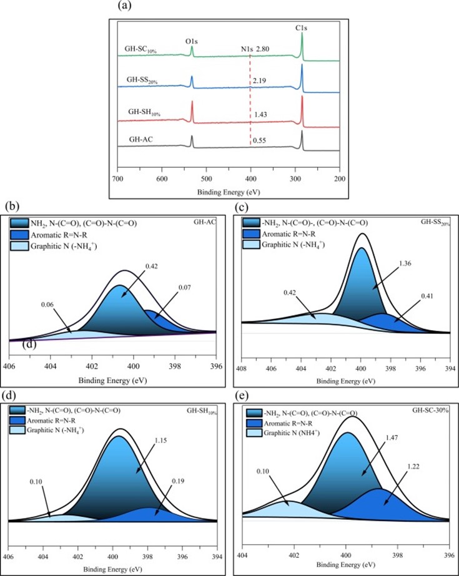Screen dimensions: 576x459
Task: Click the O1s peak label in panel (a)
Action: pyautogui.click(x=191, y=41)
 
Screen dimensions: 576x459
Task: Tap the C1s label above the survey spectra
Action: pyautogui.click(x=302, y=28)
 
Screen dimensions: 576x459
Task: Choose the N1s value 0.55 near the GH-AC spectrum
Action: pyautogui.click(x=260, y=141)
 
